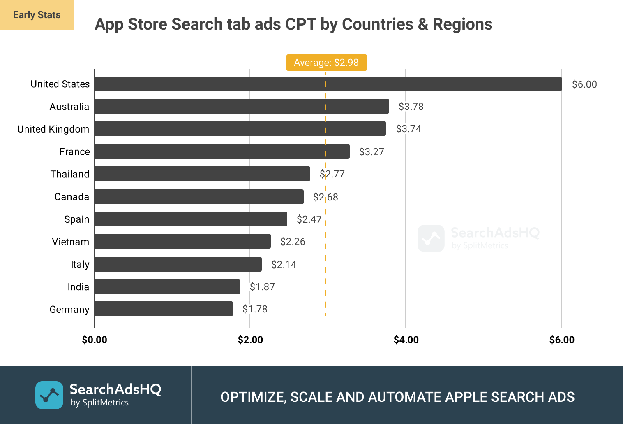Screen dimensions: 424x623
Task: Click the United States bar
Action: pos(328,84)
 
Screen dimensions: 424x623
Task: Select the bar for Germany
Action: pos(164,309)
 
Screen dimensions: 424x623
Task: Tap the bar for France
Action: pos(222,151)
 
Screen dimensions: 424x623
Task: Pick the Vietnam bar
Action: pos(182,241)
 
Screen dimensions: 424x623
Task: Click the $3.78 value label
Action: pos(411,107)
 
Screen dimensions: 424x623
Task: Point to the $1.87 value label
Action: pos(262,287)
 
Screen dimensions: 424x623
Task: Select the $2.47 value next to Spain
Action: pos(309,219)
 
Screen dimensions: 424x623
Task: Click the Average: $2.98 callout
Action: pos(326,63)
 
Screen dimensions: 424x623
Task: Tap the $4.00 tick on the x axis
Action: pos(406,340)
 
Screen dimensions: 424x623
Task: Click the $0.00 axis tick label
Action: pos(95,340)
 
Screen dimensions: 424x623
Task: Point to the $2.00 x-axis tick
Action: pos(250,340)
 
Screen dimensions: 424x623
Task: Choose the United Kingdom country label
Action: pos(53,129)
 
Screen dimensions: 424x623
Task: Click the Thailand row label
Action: pos(70,174)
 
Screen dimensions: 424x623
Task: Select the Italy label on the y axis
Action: pos(80,264)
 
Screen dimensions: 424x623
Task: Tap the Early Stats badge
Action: pos(37,15)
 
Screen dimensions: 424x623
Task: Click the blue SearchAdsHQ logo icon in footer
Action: pos(49,395)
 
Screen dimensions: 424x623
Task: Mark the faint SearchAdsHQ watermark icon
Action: pos(431,238)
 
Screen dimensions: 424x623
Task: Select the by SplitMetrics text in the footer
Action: pos(99,403)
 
